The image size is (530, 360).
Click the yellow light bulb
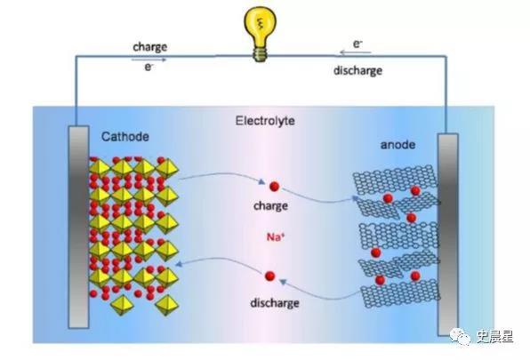click(x=260, y=34)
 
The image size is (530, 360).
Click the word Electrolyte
click(x=265, y=121)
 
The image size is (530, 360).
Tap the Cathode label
click(x=125, y=137)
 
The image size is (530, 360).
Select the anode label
click(x=397, y=145)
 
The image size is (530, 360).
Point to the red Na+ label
click(x=276, y=237)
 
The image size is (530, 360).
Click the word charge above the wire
click(x=150, y=47)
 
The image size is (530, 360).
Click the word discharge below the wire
click(x=358, y=70)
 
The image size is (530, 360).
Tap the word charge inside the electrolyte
click(x=270, y=205)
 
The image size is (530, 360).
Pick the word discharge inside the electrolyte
click(x=275, y=303)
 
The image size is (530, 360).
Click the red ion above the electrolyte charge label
click(x=274, y=186)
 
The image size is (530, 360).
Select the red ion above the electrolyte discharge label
click(x=269, y=276)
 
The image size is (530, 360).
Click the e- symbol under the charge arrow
click(x=149, y=67)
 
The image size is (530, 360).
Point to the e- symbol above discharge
click(x=357, y=44)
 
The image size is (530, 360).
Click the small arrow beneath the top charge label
click(x=149, y=60)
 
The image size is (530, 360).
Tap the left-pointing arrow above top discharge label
click(x=355, y=52)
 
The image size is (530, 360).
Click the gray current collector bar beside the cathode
click(x=79, y=227)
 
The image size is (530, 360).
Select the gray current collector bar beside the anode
click(x=448, y=235)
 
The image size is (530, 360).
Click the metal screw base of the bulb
click(x=260, y=54)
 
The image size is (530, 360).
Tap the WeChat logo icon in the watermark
click(x=460, y=337)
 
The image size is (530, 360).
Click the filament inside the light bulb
click(x=260, y=24)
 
